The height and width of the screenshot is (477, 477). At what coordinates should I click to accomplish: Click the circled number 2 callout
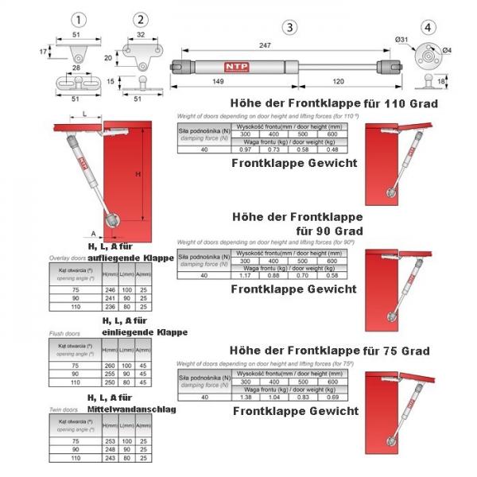pyautogui.click(x=140, y=18)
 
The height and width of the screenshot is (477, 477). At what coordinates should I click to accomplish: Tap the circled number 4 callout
pyautogui.click(x=430, y=26)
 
